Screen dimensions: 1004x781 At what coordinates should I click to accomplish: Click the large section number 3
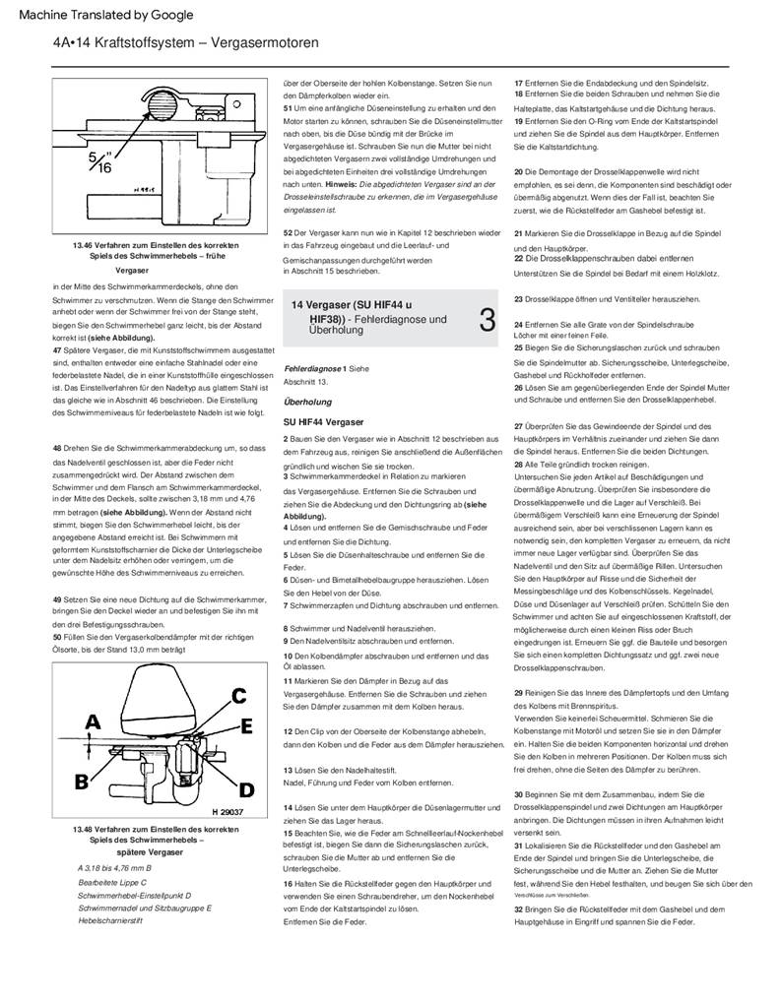pos(487,320)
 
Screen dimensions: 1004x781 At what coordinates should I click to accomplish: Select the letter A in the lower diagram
pos(92,722)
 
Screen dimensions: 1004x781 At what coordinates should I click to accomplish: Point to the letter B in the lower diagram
pos(83,783)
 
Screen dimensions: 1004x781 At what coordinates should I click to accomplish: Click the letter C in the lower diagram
pos(238,695)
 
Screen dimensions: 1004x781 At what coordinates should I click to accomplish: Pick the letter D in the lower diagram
pos(246,788)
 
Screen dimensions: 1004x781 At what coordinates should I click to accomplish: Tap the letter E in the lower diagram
pos(245,726)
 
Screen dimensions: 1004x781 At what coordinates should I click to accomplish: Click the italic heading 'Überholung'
pos(307,402)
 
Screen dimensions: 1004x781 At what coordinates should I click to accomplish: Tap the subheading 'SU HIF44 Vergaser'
pos(323,421)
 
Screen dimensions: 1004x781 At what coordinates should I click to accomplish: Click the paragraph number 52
pos(287,232)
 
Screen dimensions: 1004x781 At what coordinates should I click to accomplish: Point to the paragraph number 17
pos(519,81)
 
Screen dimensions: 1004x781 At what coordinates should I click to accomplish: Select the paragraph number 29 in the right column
pos(519,694)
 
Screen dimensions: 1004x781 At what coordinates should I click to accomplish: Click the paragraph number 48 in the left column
pos(58,448)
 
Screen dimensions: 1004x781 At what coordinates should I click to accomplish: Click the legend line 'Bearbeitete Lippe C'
pos(111,882)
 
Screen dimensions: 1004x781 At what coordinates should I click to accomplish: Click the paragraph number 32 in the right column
pos(519,910)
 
